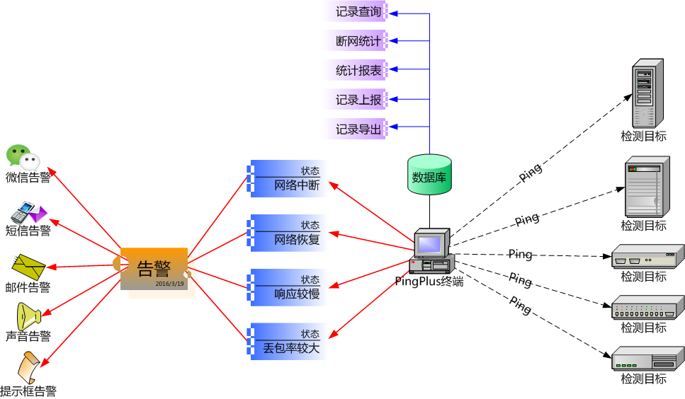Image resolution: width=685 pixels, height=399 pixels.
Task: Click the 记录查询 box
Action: [x=358, y=11]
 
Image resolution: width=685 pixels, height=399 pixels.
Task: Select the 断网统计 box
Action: [x=358, y=41]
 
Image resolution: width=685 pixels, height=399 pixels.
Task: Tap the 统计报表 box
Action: [x=358, y=70]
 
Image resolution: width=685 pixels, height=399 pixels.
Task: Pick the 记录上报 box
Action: [x=358, y=100]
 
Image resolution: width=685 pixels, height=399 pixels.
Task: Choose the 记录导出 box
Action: [x=358, y=129]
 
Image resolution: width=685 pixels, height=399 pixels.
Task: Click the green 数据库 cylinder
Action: [x=429, y=175]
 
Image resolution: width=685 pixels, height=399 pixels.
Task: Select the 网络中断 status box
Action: [x=287, y=179]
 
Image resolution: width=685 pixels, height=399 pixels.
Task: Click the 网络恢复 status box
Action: [x=287, y=233]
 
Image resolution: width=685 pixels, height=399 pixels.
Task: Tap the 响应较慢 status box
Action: [x=287, y=287]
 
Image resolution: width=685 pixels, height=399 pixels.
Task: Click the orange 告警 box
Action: [x=154, y=268]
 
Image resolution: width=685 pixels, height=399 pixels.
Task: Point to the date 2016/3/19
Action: [x=170, y=284]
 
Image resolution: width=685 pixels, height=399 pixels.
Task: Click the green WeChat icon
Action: [x=23, y=156]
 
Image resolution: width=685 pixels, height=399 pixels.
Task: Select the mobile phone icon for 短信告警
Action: [x=28, y=212]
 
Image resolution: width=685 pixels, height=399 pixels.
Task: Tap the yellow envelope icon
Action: [x=29, y=265]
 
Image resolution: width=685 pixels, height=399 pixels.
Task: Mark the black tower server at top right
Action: [x=647, y=93]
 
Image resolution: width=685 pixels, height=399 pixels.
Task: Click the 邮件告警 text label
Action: [x=28, y=287]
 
